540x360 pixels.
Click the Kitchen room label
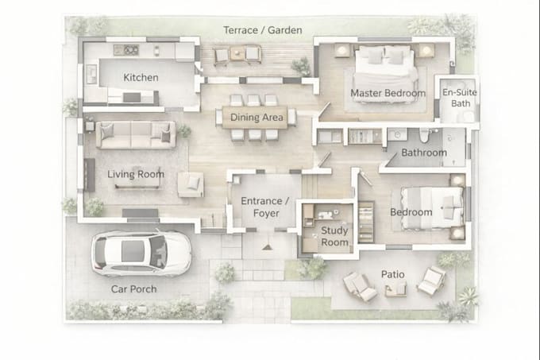point(141,78)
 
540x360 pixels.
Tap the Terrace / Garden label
point(263,30)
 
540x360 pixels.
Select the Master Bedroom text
point(388,93)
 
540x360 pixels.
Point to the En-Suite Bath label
point(460,98)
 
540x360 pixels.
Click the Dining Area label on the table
point(256,118)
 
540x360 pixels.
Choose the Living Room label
point(136,174)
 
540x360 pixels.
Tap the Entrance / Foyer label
point(265,207)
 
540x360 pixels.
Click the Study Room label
point(334,236)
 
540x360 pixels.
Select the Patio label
point(392,274)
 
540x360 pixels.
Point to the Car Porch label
point(133,289)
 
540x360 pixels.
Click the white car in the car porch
point(141,253)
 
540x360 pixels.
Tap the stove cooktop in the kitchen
point(126,50)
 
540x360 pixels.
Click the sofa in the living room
point(136,134)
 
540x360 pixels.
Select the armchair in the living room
point(191,184)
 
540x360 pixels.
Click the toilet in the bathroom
point(424,135)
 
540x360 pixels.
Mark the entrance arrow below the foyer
point(267,246)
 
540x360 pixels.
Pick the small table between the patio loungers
point(395,289)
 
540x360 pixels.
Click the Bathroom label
point(424,153)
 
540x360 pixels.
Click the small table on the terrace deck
point(237,54)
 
